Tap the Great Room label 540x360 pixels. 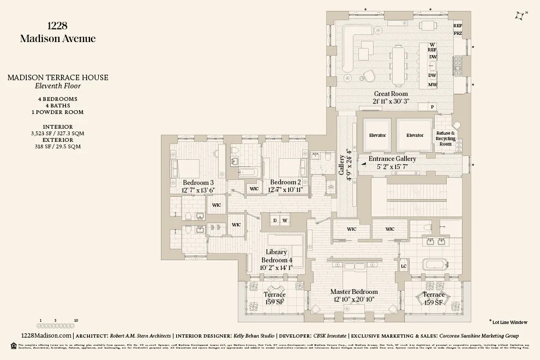[391, 94]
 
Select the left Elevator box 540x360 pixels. [377, 135]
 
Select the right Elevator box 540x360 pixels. [415, 135]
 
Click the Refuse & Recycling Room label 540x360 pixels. [446, 139]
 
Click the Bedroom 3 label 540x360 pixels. [198, 182]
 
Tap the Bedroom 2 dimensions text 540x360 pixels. [285, 189]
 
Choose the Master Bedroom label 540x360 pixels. [353, 292]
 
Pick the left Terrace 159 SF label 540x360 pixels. [274, 298]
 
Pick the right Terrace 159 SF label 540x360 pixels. [434, 298]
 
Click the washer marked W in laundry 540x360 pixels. [285, 220]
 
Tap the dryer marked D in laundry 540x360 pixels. [275, 220]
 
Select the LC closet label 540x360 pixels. [404, 266]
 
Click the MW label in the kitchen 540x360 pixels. [432, 85]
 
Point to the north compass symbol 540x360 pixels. [520, 16]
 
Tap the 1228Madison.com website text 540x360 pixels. [45, 336]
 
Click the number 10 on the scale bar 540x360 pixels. [76, 321]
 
